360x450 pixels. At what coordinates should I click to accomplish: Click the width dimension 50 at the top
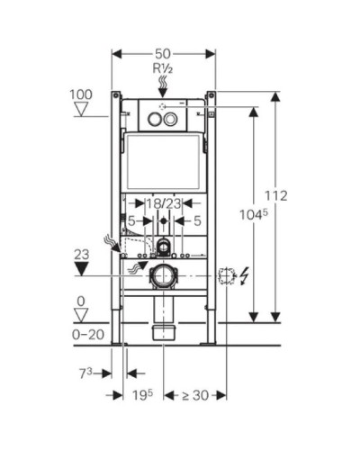[163, 54]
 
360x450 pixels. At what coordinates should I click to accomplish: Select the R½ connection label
[163, 67]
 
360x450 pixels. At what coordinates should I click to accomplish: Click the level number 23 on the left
[82, 254]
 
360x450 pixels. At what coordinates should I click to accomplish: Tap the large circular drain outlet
[162, 274]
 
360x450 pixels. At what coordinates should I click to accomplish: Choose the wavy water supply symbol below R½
[163, 85]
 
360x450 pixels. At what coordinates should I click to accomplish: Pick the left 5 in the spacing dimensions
[131, 219]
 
